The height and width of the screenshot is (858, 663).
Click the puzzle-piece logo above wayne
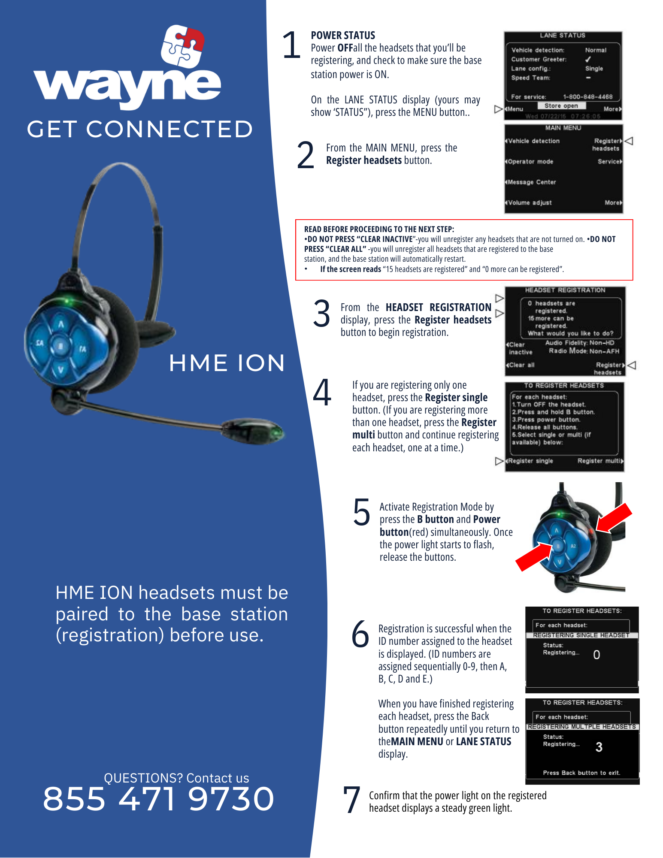tap(182, 46)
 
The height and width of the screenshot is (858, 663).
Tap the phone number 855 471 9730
tap(158, 799)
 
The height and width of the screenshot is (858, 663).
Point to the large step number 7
tap(351, 800)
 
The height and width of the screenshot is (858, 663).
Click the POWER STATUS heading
tap(343, 35)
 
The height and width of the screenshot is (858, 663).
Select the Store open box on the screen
tap(561, 106)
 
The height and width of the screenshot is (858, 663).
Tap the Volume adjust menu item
tap(530, 202)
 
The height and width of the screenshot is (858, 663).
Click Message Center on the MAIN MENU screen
tap(532, 182)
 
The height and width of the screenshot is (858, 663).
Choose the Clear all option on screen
tap(521, 365)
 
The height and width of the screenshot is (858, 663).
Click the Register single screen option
tap(531, 461)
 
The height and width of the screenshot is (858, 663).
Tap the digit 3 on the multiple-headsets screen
tap(599, 747)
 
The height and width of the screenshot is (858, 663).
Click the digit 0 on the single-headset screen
tap(596, 655)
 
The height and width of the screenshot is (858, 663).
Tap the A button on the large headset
tap(61, 324)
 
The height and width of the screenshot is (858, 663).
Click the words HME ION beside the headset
tap(227, 363)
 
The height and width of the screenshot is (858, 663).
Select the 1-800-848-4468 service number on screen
tap(587, 97)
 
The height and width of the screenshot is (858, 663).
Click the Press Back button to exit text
tap(581, 773)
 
